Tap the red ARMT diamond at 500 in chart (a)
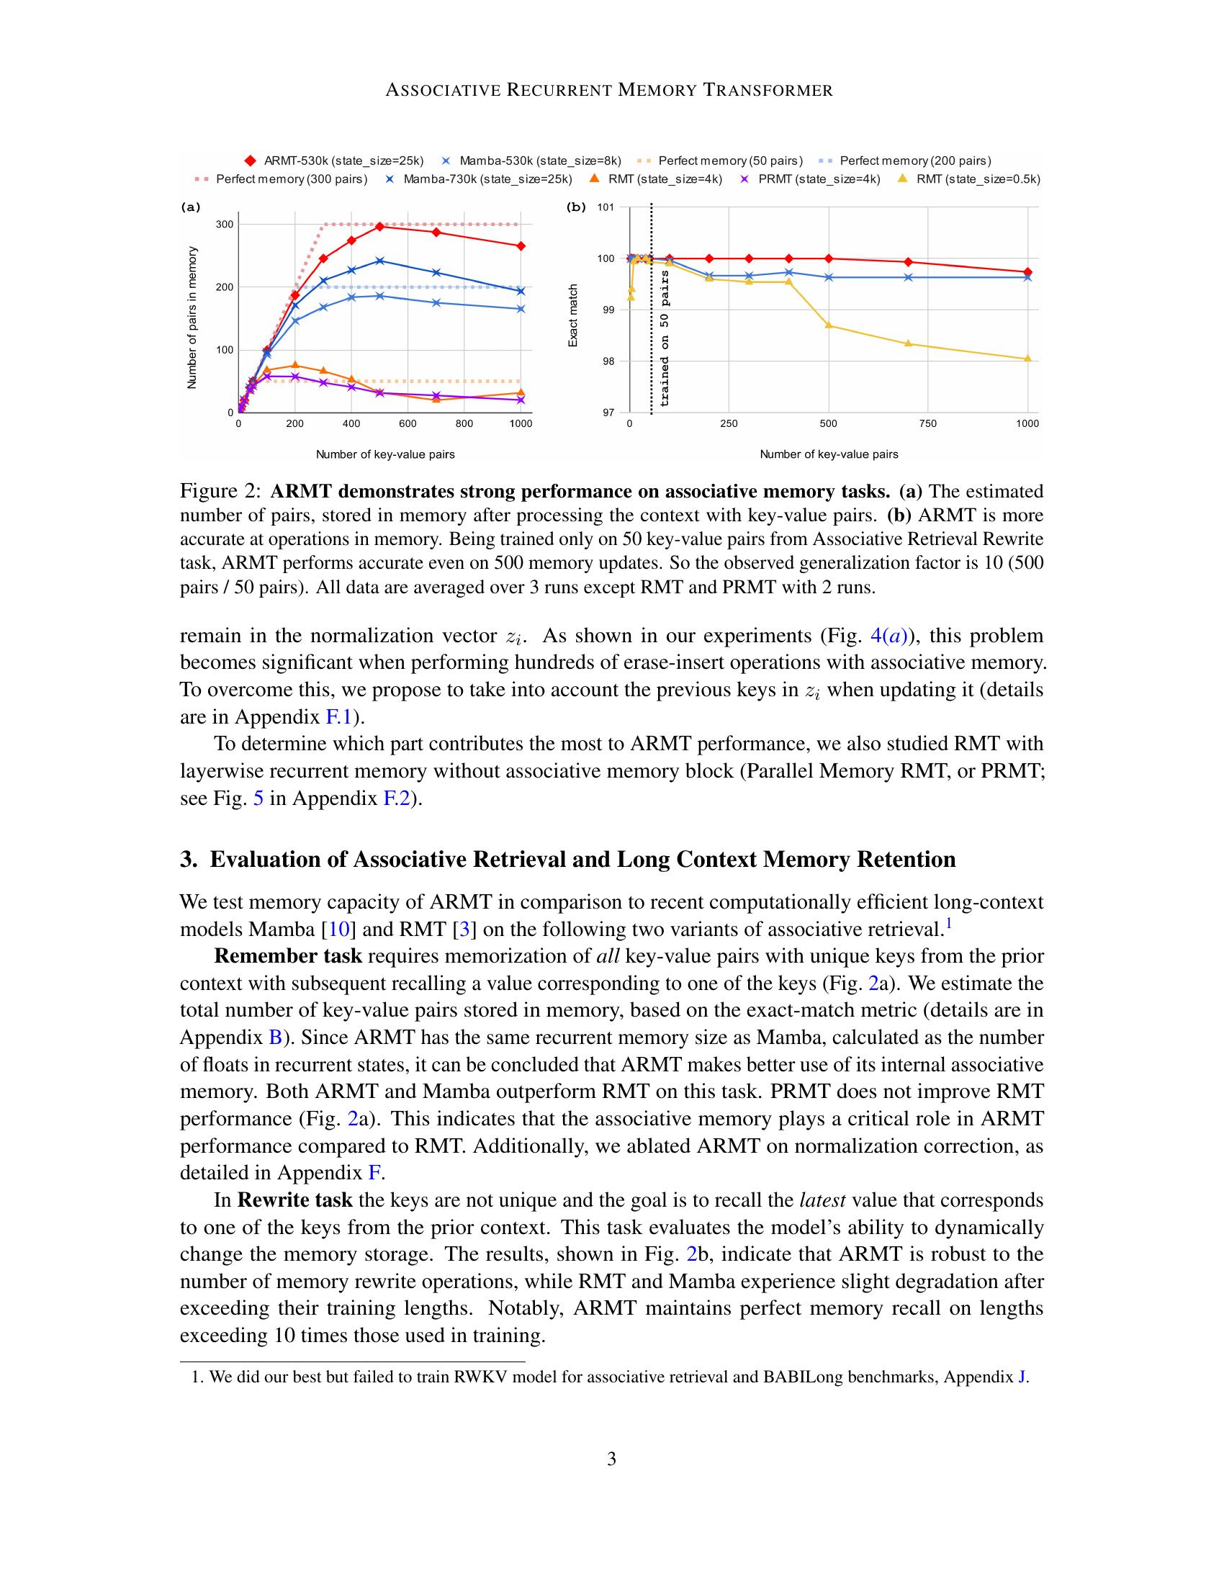tap(380, 227)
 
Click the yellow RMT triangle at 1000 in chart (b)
tap(1027, 359)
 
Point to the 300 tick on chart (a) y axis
tap(225, 224)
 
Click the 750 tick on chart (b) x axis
tap(927, 423)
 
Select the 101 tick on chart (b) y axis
tap(606, 207)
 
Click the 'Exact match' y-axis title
tap(573, 315)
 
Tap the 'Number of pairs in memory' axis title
tap(192, 318)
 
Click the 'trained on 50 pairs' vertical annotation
tap(665, 338)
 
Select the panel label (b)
tap(576, 207)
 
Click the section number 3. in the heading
tap(189, 860)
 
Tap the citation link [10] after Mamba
tap(338, 929)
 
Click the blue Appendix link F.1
tap(338, 717)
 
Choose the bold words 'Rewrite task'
tap(295, 1200)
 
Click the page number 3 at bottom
tap(611, 1459)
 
